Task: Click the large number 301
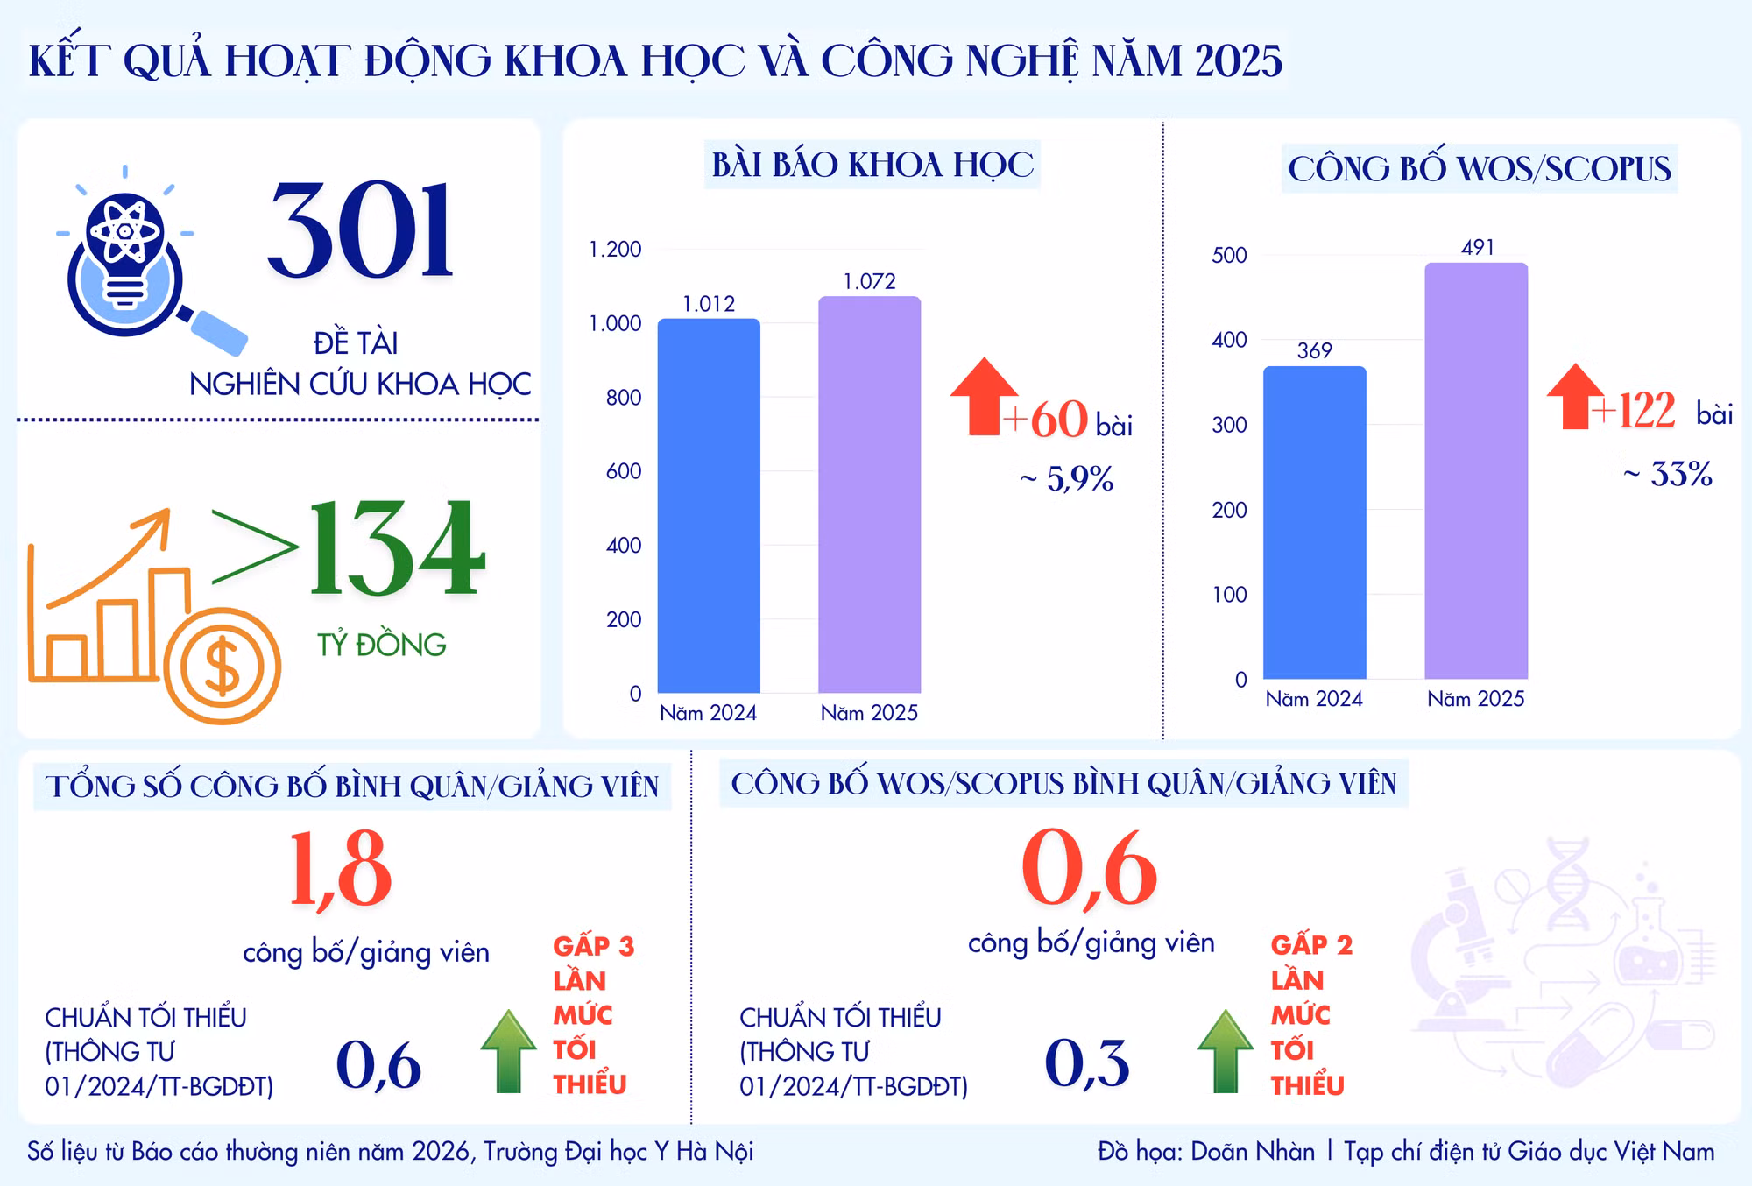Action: coord(360,230)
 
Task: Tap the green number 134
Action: coord(396,548)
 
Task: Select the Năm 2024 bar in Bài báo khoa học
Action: coord(709,505)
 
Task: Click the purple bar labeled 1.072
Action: coord(869,494)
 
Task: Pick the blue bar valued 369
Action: coord(1314,522)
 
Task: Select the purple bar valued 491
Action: coord(1476,470)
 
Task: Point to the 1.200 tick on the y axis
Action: coord(615,250)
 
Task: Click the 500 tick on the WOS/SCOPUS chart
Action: coord(1229,255)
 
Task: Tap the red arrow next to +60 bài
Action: coord(985,396)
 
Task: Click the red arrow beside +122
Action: coord(1576,396)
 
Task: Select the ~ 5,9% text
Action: coord(1067,478)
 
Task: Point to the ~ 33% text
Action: coord(1668,474)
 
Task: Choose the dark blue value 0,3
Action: coord(1086,1063)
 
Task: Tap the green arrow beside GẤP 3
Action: coord(508,1050)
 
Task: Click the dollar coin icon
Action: coord(222,666)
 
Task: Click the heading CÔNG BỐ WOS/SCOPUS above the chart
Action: coord(1480,169)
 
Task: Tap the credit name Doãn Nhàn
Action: coord(1253,1151)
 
